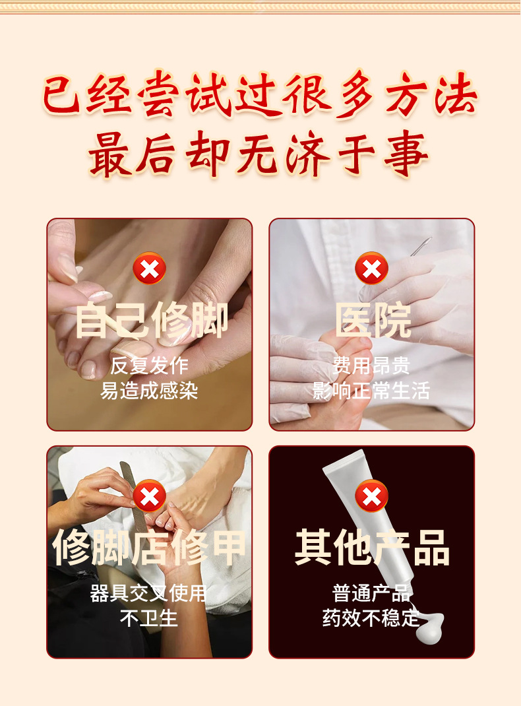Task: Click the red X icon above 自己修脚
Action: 149,269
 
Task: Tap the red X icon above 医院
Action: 372,269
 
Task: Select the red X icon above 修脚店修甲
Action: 149,496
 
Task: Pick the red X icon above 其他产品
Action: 372,496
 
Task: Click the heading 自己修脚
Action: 152,321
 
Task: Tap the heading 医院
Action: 373,321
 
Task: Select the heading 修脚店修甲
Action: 149,548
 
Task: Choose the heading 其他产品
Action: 372,548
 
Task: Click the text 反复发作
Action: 149,366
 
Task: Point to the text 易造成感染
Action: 149,391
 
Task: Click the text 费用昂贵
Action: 371,366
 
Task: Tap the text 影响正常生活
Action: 371,391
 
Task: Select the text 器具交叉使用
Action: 148,593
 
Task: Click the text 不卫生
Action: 148,618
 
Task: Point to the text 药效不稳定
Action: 371,618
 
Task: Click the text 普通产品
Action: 371,593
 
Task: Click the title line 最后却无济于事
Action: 259,154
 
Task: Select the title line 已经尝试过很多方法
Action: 260,94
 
